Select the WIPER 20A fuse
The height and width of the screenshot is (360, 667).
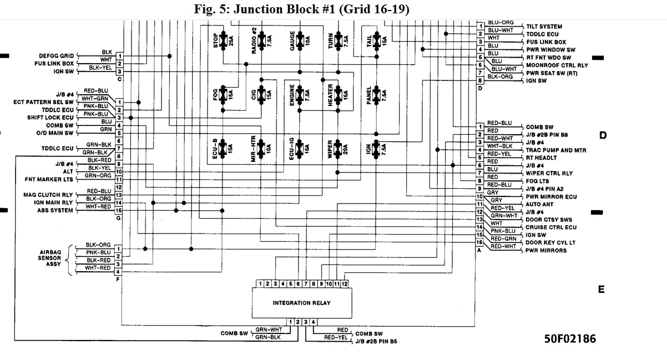[x=338, y=149]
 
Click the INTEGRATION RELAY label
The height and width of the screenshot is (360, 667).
[x=301, y=303]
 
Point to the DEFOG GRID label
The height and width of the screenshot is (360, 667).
[x=56, y=56]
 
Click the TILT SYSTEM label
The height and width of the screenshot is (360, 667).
[x=544, y=27]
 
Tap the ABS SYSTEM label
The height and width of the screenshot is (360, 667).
[x=55, y=211]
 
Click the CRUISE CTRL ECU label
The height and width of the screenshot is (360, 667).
[x=551, y=227]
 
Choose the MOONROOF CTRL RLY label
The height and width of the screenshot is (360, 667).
[x=557, y=65]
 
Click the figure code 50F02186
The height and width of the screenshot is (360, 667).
[x=570, y=338]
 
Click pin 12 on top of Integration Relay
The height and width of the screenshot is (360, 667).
[x=345, y=284]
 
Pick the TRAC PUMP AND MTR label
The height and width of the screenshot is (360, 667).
[x=556, y=150]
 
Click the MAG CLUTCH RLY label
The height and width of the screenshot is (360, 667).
[x=48, y=195]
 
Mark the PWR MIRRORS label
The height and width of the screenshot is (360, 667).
[x=546, y=251]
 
